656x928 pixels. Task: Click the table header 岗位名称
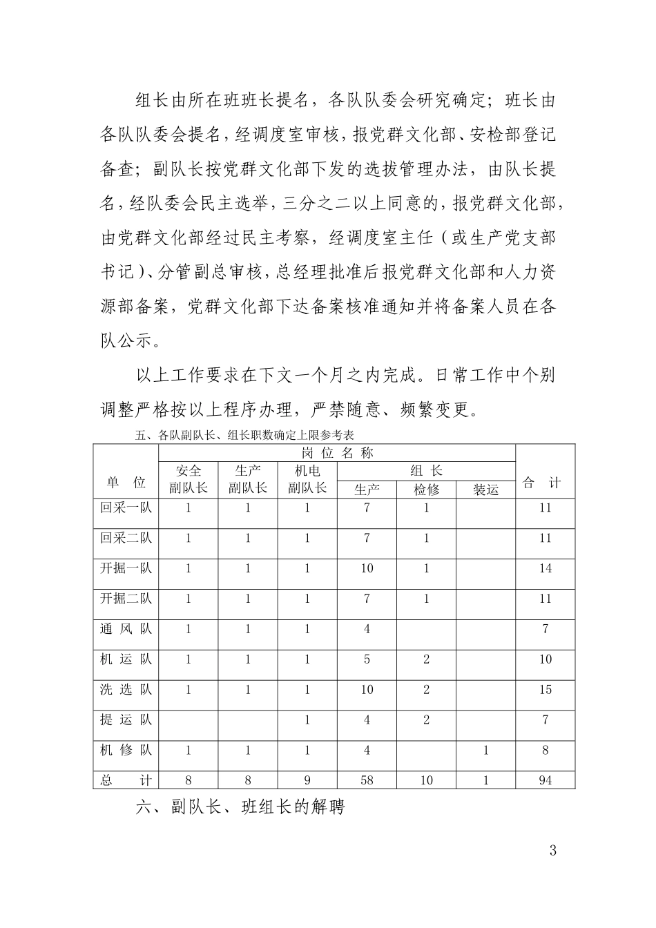point(337,453)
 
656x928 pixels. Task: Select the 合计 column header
point(545,483)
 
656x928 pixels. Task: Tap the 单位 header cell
point(126,483)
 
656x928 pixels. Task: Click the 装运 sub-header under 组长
point(485,490)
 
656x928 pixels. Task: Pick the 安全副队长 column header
point(188,479)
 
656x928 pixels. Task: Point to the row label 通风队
point(126,629)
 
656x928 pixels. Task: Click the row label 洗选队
point(126,690)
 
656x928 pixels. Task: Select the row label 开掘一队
point(126,568)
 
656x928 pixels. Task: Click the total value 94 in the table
point(545,780)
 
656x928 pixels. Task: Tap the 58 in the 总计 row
point(367,780)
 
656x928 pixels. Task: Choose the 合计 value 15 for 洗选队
point(545,690)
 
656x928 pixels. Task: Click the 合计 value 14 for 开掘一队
point(545,568)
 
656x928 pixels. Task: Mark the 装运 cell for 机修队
point(485,751)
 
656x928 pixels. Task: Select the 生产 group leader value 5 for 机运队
point(367,659)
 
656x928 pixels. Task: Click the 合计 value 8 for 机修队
point(545,751)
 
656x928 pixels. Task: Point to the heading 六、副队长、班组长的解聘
point(240,807)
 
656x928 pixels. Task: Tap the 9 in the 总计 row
point(307,780)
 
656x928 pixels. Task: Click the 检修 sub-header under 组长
point(426,490)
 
